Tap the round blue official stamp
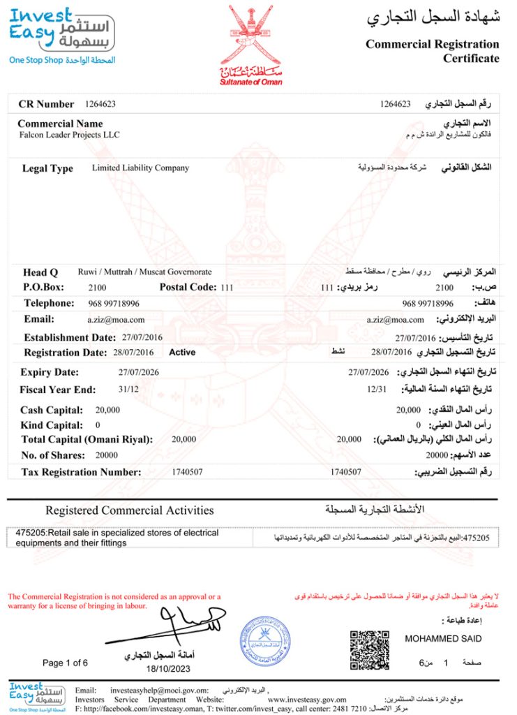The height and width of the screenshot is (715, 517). click(x=265, y=640)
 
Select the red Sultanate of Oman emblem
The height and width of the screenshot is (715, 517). click(x=251, y=42)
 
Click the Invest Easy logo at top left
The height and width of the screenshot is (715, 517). click(x=61, y=35)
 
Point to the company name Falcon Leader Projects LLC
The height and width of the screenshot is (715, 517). click(x=69, y=135)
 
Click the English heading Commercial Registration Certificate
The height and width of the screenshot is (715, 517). click(x=433, y=51)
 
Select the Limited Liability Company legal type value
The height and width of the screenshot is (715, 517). click(x=140, y=168)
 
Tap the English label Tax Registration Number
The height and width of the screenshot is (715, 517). click(x=81, y=473)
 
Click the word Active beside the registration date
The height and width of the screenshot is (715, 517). click(x=182, y=353)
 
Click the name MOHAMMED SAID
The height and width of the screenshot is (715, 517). click(x=443, y=639)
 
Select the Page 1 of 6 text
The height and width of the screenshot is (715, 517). click(x=65, y=663)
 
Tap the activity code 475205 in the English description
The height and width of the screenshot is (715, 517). click(x=28, y=533)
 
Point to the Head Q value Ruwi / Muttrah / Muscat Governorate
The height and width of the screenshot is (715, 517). click(x=144, y=272)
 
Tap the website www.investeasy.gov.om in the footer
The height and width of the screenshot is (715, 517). click(x=307, y=700)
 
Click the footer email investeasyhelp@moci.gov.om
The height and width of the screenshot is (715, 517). click(x=159, y=690)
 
